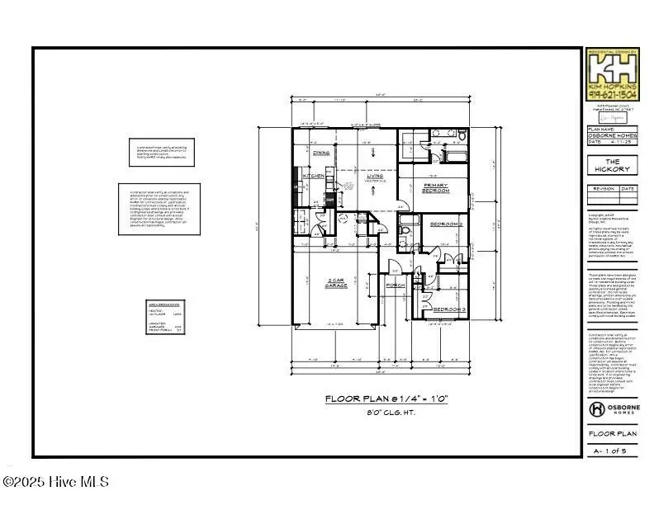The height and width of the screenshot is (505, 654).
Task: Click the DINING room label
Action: [321, 153]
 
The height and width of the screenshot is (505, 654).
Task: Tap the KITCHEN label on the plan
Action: [314, 176]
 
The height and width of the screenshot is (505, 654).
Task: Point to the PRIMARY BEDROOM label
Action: [434, 187]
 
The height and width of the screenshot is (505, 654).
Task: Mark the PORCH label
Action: [396, 288]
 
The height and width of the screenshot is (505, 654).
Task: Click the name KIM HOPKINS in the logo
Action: [612, 86]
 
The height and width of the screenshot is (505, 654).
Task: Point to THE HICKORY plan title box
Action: [612, 165]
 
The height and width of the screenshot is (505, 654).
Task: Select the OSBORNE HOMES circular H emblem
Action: [596, 409]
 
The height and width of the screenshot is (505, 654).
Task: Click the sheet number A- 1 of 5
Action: [612, 451]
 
